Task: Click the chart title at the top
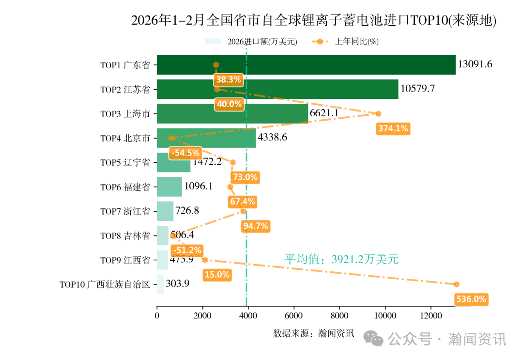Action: pos(314,20)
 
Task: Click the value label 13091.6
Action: pos(475,64)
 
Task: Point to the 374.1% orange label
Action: pos(393,128)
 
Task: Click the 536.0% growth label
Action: pos(471,299)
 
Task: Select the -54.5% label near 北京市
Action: pos(185,153)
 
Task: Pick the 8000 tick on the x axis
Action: pos(339,316)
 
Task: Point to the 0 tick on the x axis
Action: pos(157,316)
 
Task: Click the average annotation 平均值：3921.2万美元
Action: pos(341,259)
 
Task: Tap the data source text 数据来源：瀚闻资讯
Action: pos(314,333)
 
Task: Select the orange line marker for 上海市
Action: pos(378,114)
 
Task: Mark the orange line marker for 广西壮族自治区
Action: pos(456,284)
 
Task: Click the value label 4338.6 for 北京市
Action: pos(273,138)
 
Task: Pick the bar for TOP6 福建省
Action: pos(169,187)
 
